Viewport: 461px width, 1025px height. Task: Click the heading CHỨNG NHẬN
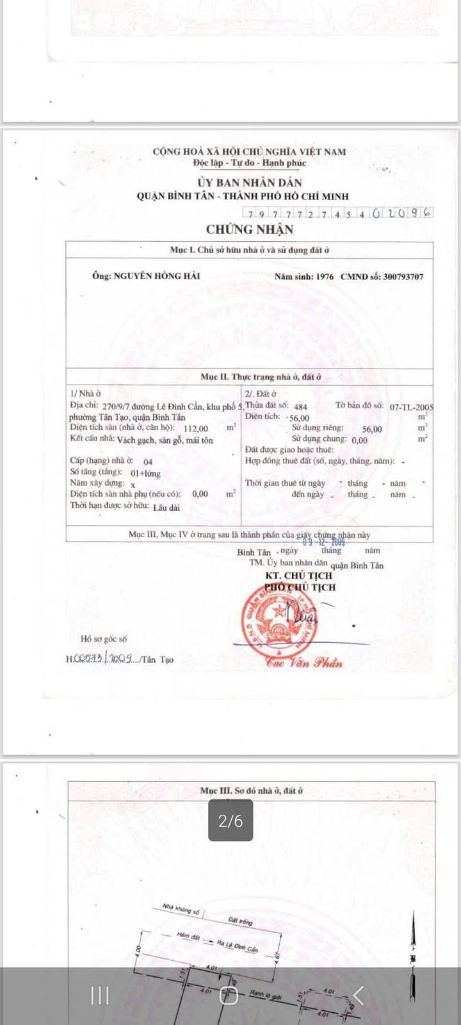(x=250, y=229)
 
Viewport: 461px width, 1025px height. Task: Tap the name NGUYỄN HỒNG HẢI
(x=157, y=276)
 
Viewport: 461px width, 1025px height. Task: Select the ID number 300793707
(x=403, y=277)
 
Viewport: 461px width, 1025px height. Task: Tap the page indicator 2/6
(x=230, y=821)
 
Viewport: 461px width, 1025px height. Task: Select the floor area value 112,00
(x=196, y=429)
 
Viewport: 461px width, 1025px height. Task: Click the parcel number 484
(x=300, y=406)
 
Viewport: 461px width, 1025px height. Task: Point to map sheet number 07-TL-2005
(x=412, y=407)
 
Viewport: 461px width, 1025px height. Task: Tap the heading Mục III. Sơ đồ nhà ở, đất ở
(x=251, y=791)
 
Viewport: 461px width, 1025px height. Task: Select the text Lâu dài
(x=166, y=507)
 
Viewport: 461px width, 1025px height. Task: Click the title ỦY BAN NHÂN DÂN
(x=250, y=183)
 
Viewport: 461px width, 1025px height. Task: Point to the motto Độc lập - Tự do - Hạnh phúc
(x=250, y=163)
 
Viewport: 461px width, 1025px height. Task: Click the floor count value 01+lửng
(x=146, y=474)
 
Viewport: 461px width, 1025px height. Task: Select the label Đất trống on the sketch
(x=240, y=921)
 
